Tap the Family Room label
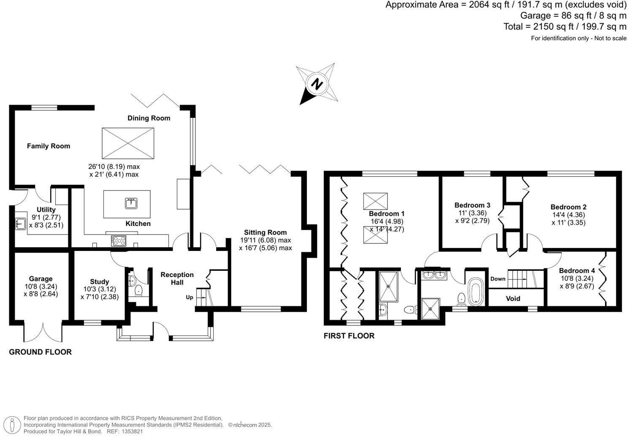point(49,146)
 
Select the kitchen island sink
point(132,204)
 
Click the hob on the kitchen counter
point(119,241)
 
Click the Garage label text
point(41,279)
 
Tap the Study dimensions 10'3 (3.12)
point(100,289)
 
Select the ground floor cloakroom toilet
point(138,291)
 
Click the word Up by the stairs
point(189,297)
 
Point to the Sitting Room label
point(265,232)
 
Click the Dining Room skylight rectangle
point(128,143)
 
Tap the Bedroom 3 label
point(472,205)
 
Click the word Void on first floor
point(513,299)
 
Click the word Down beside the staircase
point(498,279)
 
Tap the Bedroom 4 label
point(577,271)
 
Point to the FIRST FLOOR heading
point(349,336)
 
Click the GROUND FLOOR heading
point(41,352)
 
